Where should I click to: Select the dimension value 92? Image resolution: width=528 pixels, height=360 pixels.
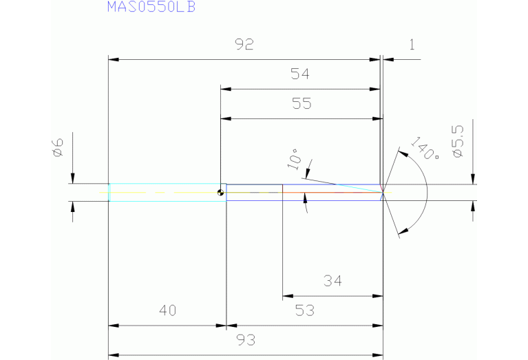(244, 45)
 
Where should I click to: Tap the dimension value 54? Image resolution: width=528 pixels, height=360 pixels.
(301, 74)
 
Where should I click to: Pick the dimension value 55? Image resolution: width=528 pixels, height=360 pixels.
(301, 104)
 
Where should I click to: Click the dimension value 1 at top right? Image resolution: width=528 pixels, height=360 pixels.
(412, 45)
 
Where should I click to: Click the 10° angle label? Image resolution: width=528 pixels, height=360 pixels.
(295, 158)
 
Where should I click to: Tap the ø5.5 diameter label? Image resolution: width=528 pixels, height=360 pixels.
(458, 140)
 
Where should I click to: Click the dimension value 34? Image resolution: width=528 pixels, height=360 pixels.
(332, 281)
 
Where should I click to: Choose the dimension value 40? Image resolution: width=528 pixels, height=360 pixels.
(167, 310)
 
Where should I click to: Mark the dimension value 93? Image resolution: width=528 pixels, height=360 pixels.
(244, 339)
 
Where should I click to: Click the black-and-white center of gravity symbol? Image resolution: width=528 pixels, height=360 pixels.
(220, 192)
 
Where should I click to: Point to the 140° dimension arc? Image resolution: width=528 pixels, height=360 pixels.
(427, 192)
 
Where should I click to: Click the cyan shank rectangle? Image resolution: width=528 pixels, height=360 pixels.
(167, 192)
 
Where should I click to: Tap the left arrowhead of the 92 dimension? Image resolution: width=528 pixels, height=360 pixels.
(114, 60)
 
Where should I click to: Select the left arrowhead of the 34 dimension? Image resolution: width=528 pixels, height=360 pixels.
(287, 297)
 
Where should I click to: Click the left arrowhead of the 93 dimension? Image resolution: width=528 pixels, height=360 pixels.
(114, 355)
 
